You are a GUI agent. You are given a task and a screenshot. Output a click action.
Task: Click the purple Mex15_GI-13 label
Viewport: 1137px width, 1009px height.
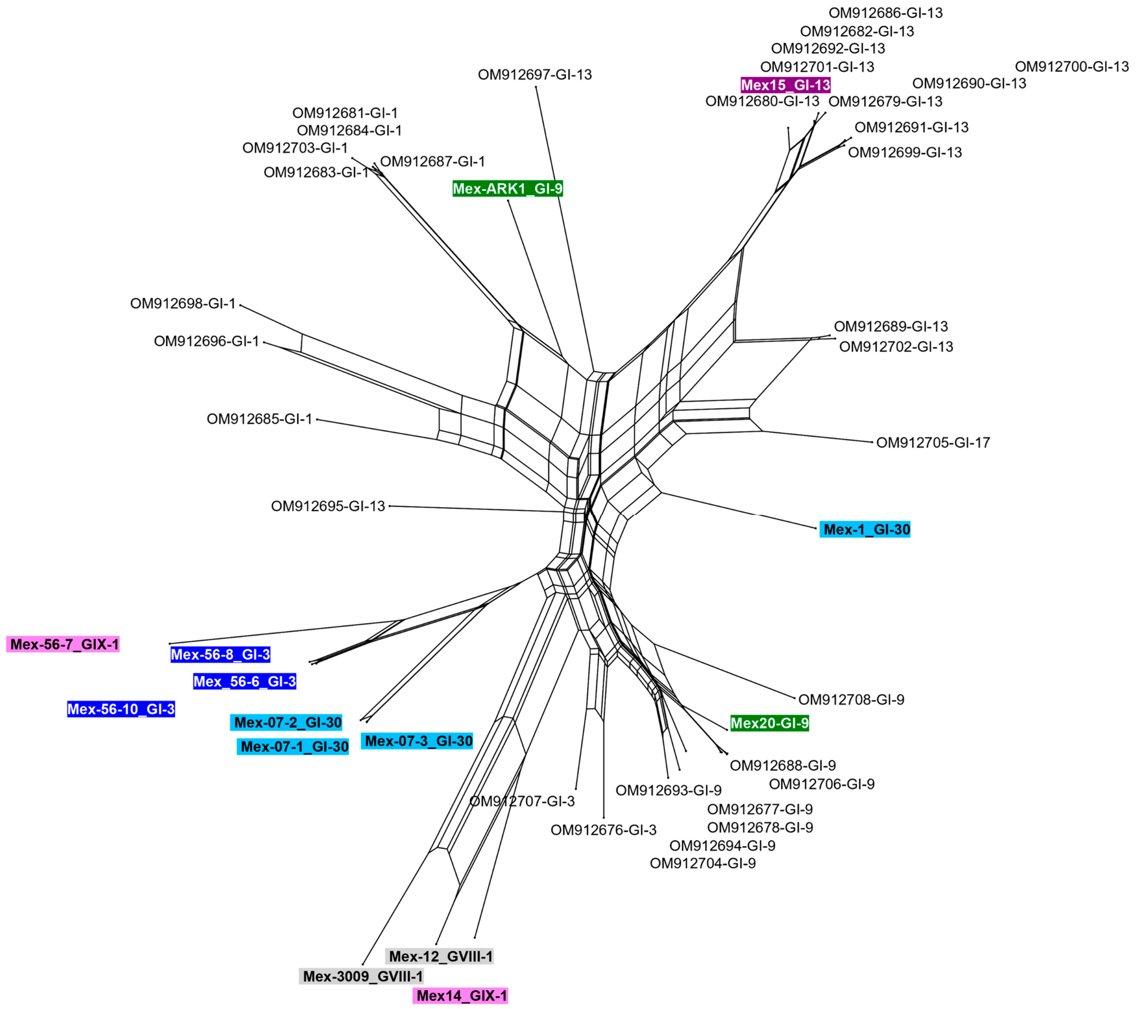click(x=785, y=85)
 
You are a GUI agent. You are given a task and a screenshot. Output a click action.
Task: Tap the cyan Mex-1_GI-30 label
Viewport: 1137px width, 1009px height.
click(x=865, y=530)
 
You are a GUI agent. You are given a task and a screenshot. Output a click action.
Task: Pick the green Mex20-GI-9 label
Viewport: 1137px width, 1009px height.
click(x=769, y=723)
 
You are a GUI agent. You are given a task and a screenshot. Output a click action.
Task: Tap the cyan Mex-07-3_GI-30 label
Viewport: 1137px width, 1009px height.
click(x=417, y=741)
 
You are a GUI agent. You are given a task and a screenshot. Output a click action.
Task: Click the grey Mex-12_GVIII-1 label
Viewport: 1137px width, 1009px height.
click(x=440, y=956)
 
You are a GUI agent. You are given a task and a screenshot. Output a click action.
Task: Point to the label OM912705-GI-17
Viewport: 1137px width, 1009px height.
click(x=933, y=443)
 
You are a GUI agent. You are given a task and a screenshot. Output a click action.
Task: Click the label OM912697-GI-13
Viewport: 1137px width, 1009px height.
click(x=535, y=75)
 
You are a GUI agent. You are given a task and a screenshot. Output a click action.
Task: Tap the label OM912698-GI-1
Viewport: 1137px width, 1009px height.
click(x=183, y=304)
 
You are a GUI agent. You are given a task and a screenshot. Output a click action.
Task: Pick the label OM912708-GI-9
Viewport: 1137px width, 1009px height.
click(x=851, y=699)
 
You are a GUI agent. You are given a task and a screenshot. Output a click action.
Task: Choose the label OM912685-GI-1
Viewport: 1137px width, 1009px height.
click(x=259, y=419)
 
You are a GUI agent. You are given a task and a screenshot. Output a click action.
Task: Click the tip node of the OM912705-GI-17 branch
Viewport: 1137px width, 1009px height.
click(x=872, y=442)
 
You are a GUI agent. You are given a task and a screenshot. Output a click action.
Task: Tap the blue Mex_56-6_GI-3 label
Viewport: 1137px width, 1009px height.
click(x=245, y=681)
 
